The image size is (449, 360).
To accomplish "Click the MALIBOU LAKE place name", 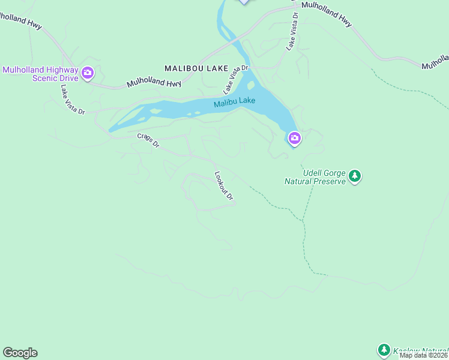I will [196, 69].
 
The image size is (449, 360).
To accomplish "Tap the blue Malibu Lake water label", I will [235, 103].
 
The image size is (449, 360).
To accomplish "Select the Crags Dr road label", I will [148, 140].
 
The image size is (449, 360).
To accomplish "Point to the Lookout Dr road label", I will [223, 185].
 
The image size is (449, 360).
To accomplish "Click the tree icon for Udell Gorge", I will [355, 176].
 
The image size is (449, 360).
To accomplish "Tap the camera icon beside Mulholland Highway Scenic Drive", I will [88, 73].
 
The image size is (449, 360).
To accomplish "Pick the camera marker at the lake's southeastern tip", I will [294, 139].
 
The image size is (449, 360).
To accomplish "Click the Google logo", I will [20, 353].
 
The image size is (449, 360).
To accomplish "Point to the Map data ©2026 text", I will [424, 355].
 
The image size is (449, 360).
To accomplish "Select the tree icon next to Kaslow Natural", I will [384, 349].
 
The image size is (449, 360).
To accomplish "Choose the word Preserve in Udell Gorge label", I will [330, 181].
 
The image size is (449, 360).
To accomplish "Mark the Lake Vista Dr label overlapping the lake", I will [235, 80].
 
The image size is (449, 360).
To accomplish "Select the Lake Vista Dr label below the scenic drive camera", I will [72, 100].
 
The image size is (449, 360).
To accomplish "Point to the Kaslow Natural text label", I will [421, 349].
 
